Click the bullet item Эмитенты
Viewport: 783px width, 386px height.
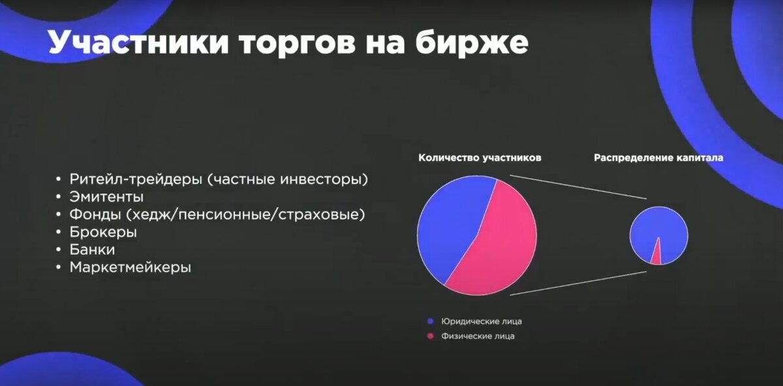[106, 197]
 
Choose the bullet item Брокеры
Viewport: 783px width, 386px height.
[103, 232]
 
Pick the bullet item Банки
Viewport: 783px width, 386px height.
[93, 249]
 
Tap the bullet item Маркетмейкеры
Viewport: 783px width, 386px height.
[130, 267]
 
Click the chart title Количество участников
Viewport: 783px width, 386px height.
[480, 157]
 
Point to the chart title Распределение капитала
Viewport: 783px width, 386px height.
[658, 157]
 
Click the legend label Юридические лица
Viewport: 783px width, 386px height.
[481, 321]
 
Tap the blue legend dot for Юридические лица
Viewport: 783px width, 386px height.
[430, 321]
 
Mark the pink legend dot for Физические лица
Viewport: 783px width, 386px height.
[430, 336]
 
